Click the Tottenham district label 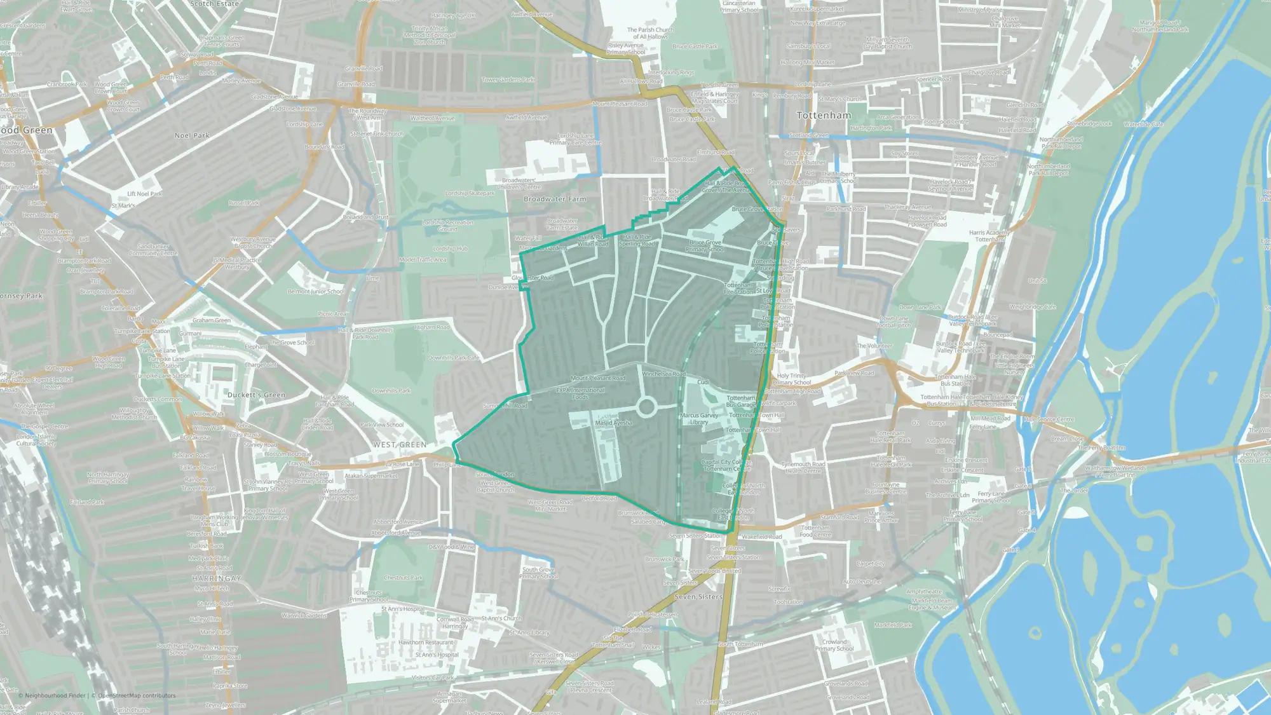[824, 116]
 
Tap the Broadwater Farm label [555, 199]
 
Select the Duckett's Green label [256, 395]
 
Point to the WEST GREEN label [400, 444]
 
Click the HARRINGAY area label [217, 578]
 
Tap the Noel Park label [192, 135]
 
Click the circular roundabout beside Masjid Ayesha [646, 407]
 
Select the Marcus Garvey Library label [699, 419]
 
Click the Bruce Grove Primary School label [705, 246]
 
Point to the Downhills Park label [391, 391]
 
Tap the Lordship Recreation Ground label [447, 226]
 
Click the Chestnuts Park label [403, 578]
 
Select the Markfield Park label [892, 625]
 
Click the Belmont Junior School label [316, 292]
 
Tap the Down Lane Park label [920, 307]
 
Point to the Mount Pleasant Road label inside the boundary [597, 378]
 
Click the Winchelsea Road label [663, 374]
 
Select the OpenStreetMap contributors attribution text [137, 695]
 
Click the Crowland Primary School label [834, 645]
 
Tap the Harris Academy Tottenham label [989, 236]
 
